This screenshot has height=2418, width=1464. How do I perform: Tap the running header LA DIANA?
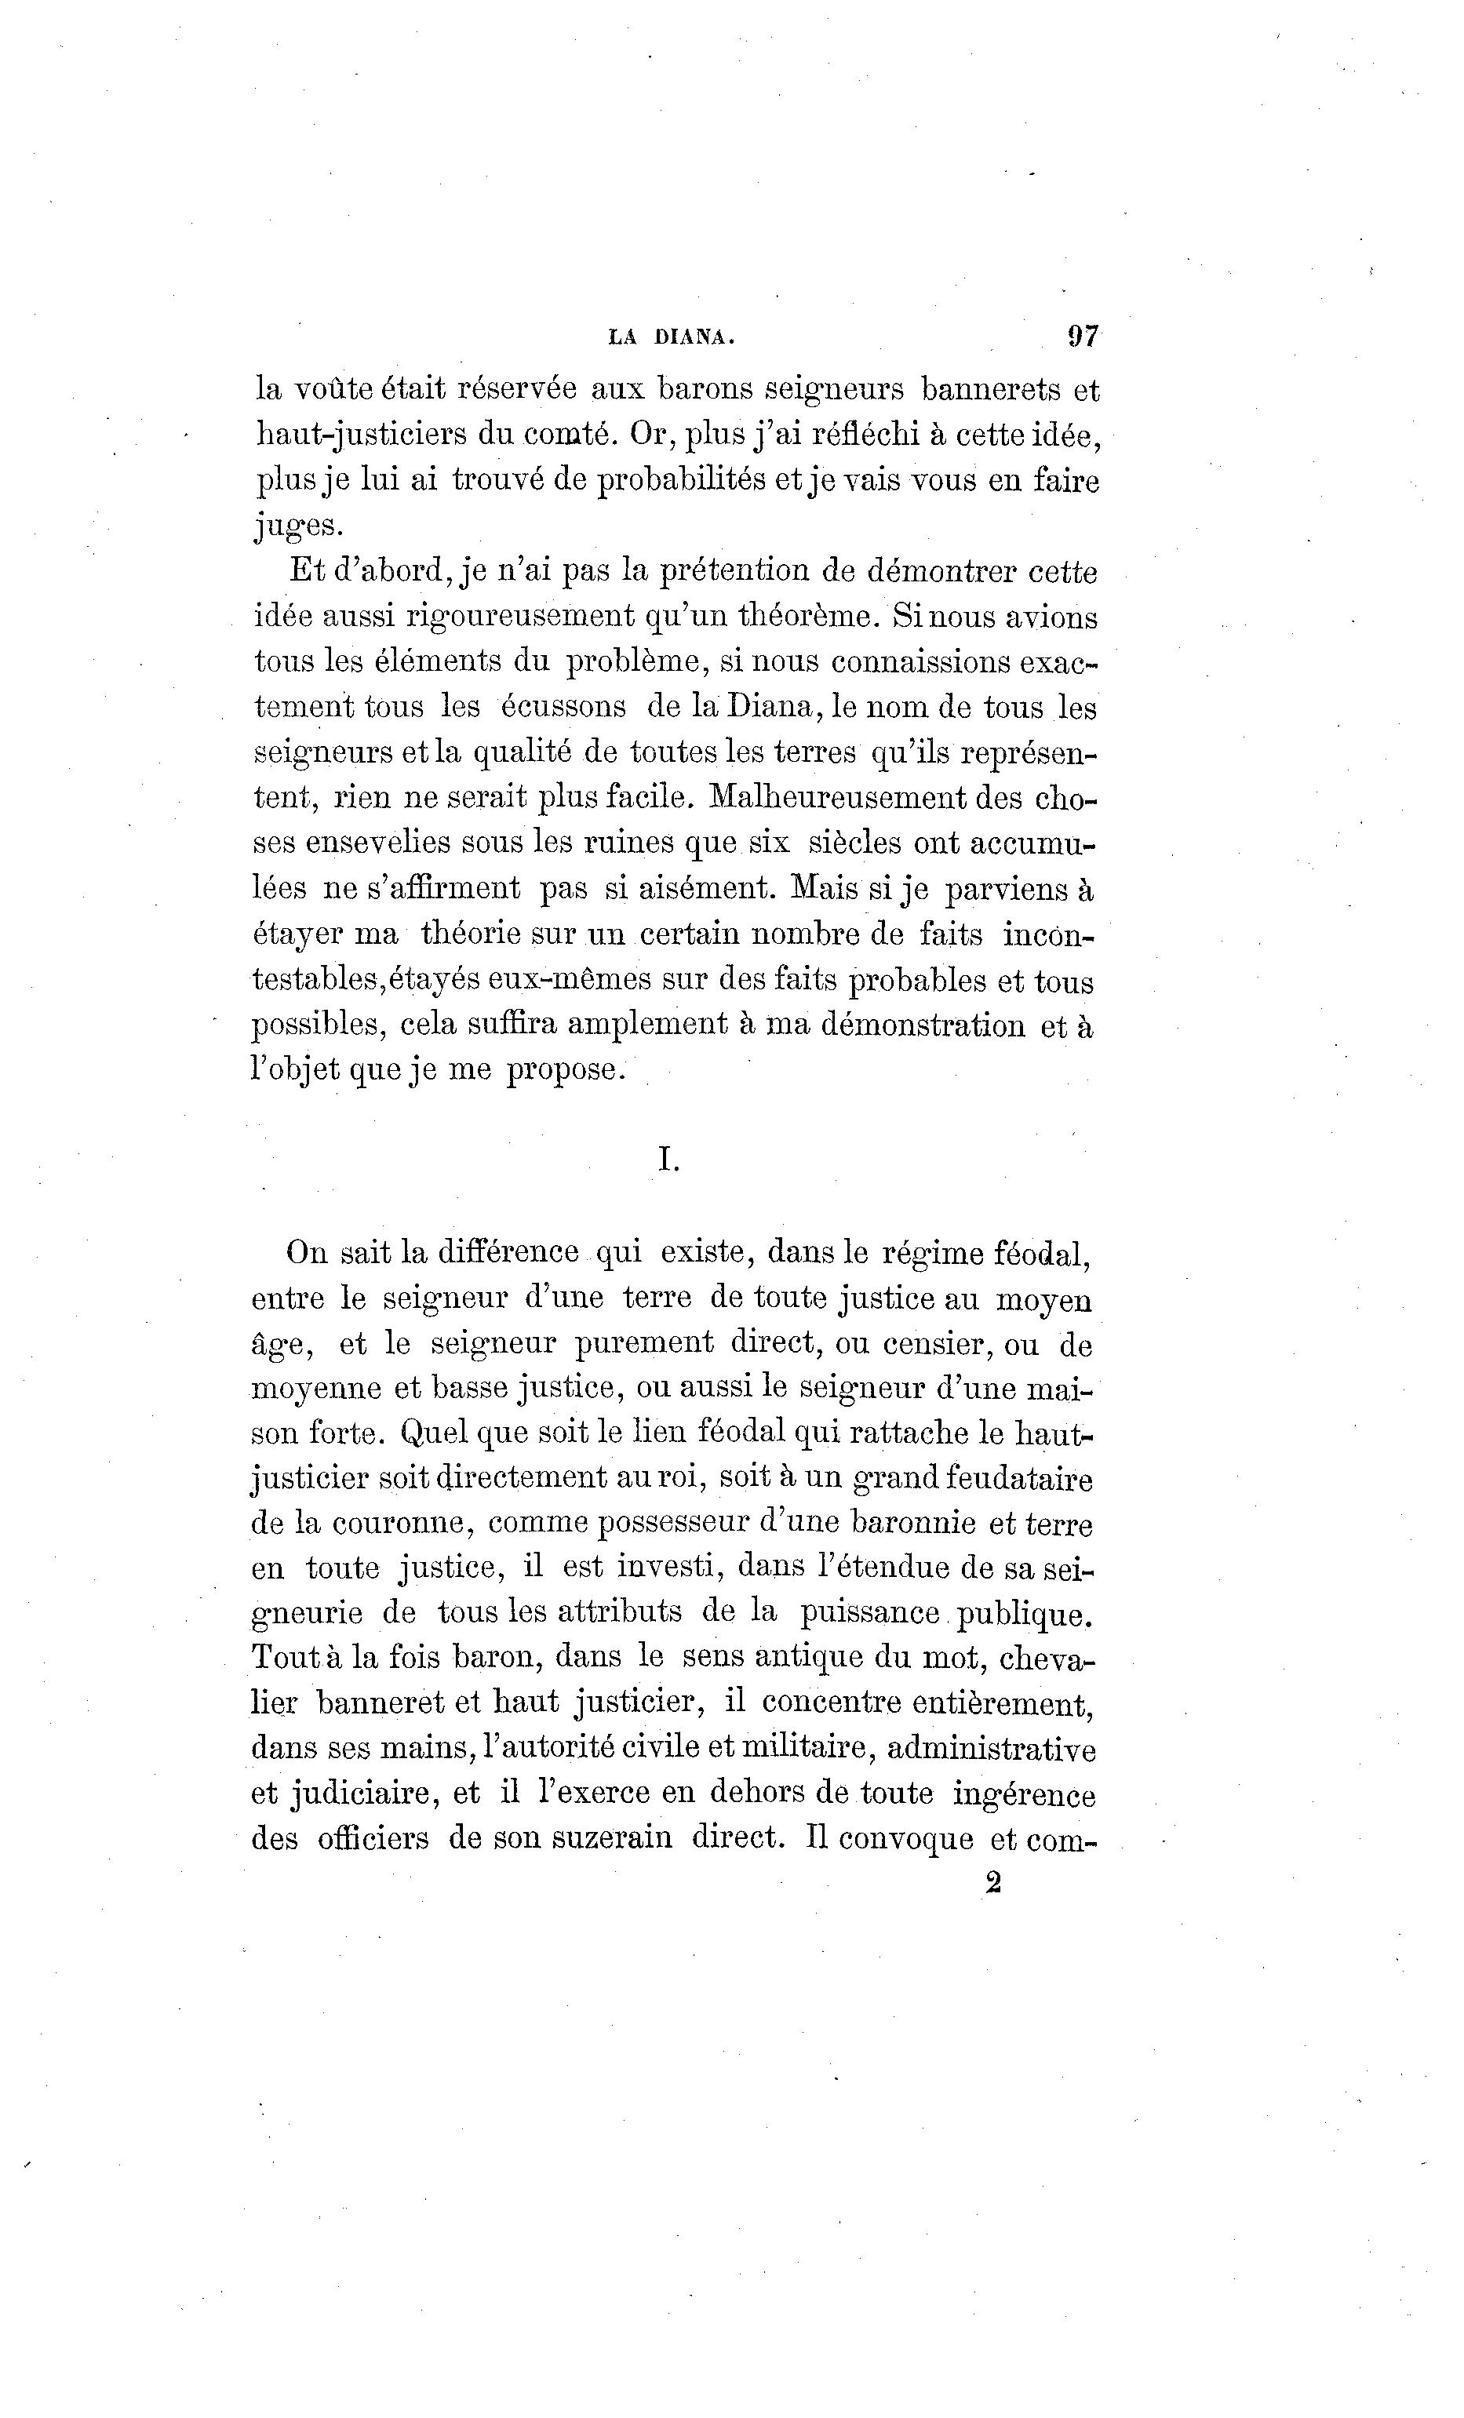tap(671, 337)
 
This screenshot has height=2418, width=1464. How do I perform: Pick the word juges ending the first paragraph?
tap(298, 526)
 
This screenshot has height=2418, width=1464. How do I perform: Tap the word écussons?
tap(564, 707)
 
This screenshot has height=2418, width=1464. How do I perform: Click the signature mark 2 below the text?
tap(992, 1883)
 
